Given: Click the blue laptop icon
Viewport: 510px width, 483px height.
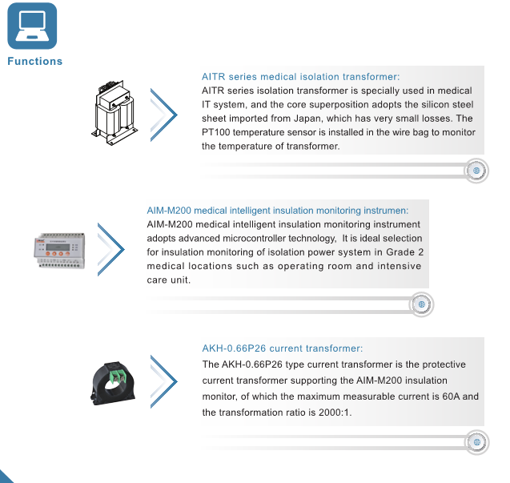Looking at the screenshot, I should tap(31, 26).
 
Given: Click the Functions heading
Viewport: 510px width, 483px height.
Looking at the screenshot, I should tap(34, 62).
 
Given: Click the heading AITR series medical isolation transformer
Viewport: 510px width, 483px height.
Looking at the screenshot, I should tap(300, 77).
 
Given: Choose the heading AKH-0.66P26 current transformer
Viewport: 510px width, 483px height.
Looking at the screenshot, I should tap(282, 348).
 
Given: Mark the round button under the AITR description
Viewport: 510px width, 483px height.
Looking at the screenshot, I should tap(476, 171).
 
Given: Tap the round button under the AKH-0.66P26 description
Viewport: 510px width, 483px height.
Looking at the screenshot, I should tap(476, 441).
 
